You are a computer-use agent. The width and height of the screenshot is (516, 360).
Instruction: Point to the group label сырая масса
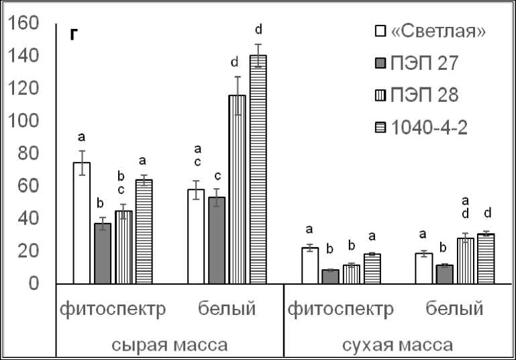pyautogui.click(x=170, y=345)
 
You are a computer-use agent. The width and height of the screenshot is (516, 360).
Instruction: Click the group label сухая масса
pyautogui.click(x=397, y=345)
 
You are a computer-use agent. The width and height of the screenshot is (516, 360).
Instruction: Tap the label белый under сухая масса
pyautogui.click(x=454, y=310)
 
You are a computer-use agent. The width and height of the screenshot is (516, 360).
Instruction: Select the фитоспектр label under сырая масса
pyautogui.click(x=113, y=310)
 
